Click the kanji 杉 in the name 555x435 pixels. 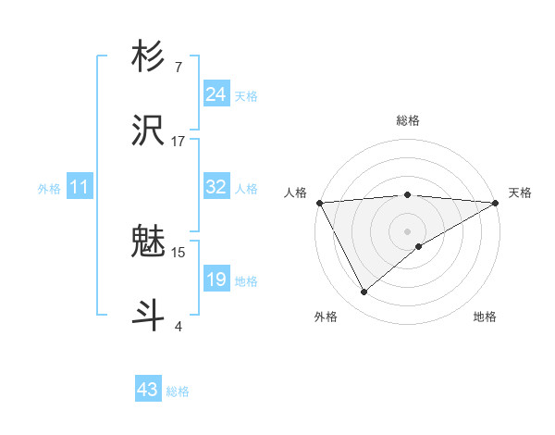coord(149,57)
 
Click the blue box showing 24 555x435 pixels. coord(216,94)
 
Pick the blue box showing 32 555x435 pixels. coord(216,187)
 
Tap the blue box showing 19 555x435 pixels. coord(216,280)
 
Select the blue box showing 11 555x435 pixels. coord(79,187)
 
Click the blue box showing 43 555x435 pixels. coord(148,390)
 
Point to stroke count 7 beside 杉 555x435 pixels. coord(178,68)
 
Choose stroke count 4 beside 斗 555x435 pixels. coord(178,326)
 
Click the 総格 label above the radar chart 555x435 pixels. coord(408,120)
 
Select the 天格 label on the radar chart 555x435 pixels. coord(520,193)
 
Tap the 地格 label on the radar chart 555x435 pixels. coord(485,317)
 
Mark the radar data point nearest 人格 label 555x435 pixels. coord(319,202)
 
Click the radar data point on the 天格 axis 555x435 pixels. coord(496,202)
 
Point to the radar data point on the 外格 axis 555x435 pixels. coord(364,292)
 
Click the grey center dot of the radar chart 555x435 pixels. coord(408,230)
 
